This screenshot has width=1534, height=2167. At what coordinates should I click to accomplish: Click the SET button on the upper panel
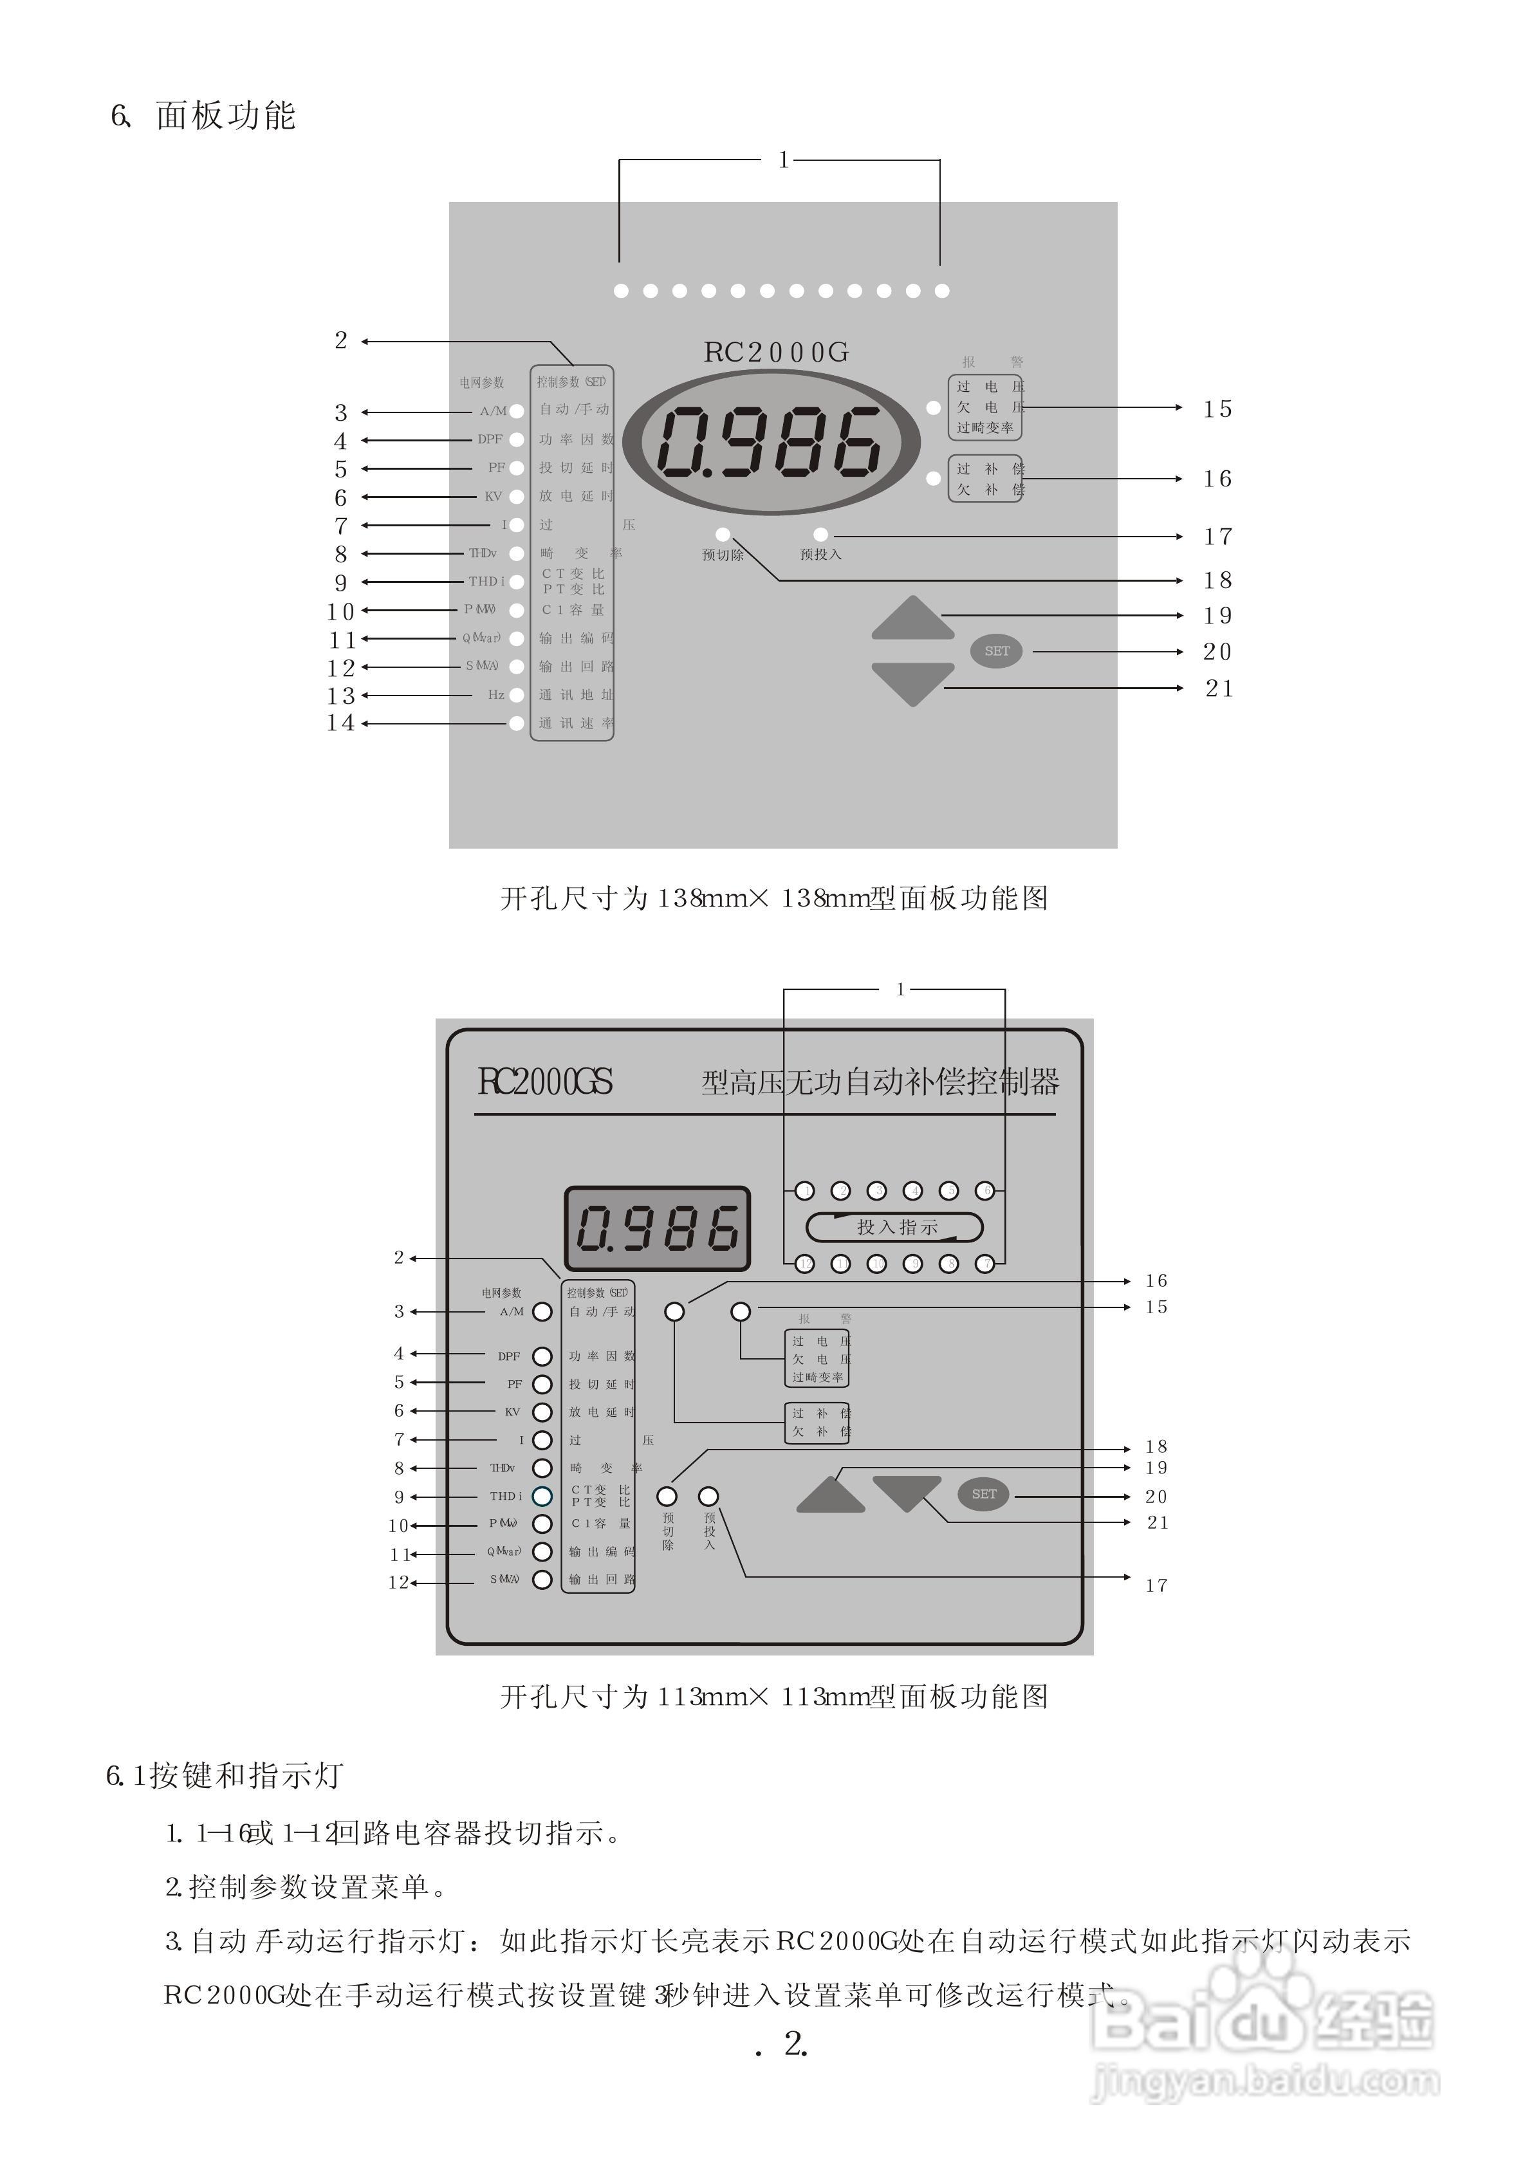(997, 650)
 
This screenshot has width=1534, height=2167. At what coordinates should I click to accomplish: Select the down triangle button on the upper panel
(912, 682)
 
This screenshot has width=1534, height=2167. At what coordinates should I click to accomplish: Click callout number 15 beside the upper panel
(1217, 409)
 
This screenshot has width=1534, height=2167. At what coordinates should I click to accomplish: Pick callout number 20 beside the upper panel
(1217, 652)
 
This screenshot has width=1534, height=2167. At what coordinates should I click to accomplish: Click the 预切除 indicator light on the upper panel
(723, 535)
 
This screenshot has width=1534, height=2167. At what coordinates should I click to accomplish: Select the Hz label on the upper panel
(496, 695)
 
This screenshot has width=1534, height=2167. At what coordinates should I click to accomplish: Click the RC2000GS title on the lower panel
(545, 1081)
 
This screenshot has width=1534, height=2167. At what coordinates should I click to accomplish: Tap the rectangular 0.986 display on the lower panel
(658, 1228)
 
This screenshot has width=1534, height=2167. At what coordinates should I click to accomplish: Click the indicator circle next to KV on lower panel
(542, 1412)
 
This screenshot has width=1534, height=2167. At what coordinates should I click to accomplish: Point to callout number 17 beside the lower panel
(1157, 1586)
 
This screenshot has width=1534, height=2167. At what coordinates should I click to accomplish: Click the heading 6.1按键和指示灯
(224, 1776)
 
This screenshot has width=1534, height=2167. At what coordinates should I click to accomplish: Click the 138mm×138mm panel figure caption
(773, 898)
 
